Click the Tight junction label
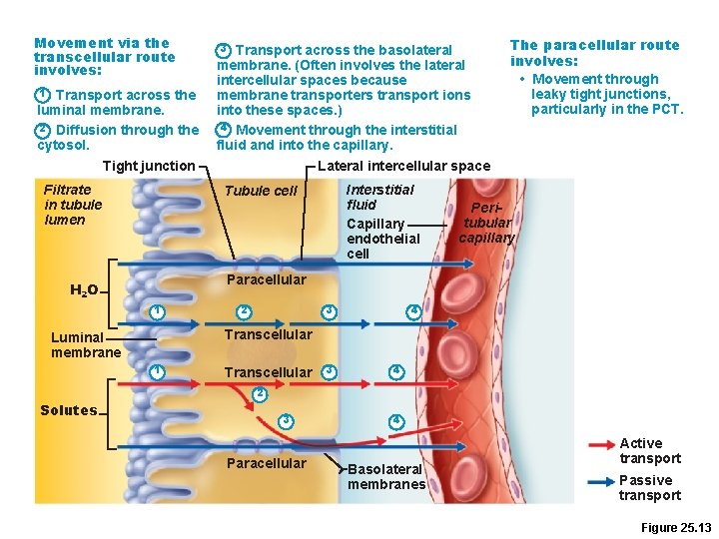pyautogui.click(x=148, y=166)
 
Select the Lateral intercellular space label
pyautogui.click(x=402, y=166)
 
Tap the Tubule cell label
pyautogui.click(x=261, y=191)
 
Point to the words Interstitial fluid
pyautogui.click(x=379, y=197)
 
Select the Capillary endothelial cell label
pyautogui.click(x=382, y=239)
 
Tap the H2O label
pyautogui.click(x=84, y=290)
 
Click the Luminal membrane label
pyautogui.click(x=86, y=345)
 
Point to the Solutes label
pyautogui.click(x=69, y=410)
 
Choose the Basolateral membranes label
pyautogui.click(x=386, y=477)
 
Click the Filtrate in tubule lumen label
pyautogui.click(x=72, y=205)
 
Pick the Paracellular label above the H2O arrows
pyautogui.click(x=267, y=279)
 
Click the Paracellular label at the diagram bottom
pyautogui.click(x=266, y=463)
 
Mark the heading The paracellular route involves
pyautogui.click(x=594, y=53)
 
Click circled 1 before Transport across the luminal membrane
pyautogui.click(x=42, y=95)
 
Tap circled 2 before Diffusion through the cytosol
pyautogui.click(x=42, y=130)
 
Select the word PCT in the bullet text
pyautogui.click(x=666, y=109)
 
